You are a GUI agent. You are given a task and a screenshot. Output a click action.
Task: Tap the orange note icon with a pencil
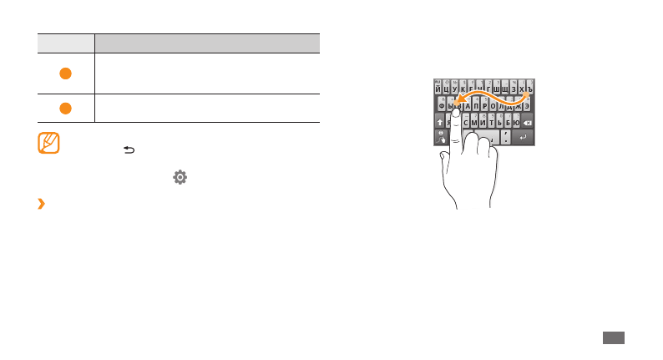pos(49,143)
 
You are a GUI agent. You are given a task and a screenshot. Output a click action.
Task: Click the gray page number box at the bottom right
pos(613,337)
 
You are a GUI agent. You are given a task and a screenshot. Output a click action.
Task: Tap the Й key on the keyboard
pos(439,88)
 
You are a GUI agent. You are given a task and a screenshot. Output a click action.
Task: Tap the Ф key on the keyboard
pos(441,105)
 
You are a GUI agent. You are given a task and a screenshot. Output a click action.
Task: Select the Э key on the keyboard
pos(527,105)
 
